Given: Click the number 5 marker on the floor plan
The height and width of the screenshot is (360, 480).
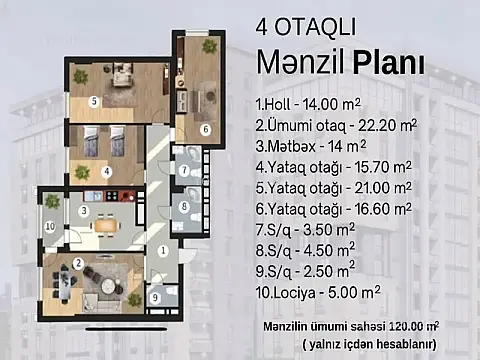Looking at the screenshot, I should pos(92,101).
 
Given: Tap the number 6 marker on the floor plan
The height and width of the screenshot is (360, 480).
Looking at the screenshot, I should pos(205,129).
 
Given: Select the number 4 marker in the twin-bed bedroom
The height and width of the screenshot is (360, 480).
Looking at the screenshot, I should pos(107,170).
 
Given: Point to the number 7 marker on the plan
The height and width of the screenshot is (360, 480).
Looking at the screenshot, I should pos(185,170).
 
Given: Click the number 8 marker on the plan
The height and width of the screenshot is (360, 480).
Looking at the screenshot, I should pos(185,209).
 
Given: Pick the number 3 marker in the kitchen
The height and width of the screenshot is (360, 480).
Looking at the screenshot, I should pos(85,211).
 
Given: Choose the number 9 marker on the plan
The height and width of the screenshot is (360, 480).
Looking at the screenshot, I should pos(154,297).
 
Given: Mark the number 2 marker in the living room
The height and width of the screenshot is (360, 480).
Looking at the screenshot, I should pos(77,263).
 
